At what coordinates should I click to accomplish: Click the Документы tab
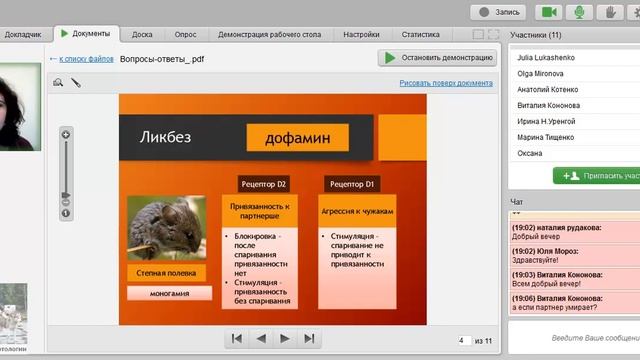point(86,34)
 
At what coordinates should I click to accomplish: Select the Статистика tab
point(421,34)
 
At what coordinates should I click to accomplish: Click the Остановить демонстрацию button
point(436,59)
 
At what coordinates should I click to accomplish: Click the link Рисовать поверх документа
point(445,83)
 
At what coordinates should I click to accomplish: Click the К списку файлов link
point(87,59)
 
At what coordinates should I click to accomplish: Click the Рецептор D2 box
point(263,185)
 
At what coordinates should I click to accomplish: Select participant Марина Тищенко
point(544,137)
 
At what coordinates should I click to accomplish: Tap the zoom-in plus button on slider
point(66,134)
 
